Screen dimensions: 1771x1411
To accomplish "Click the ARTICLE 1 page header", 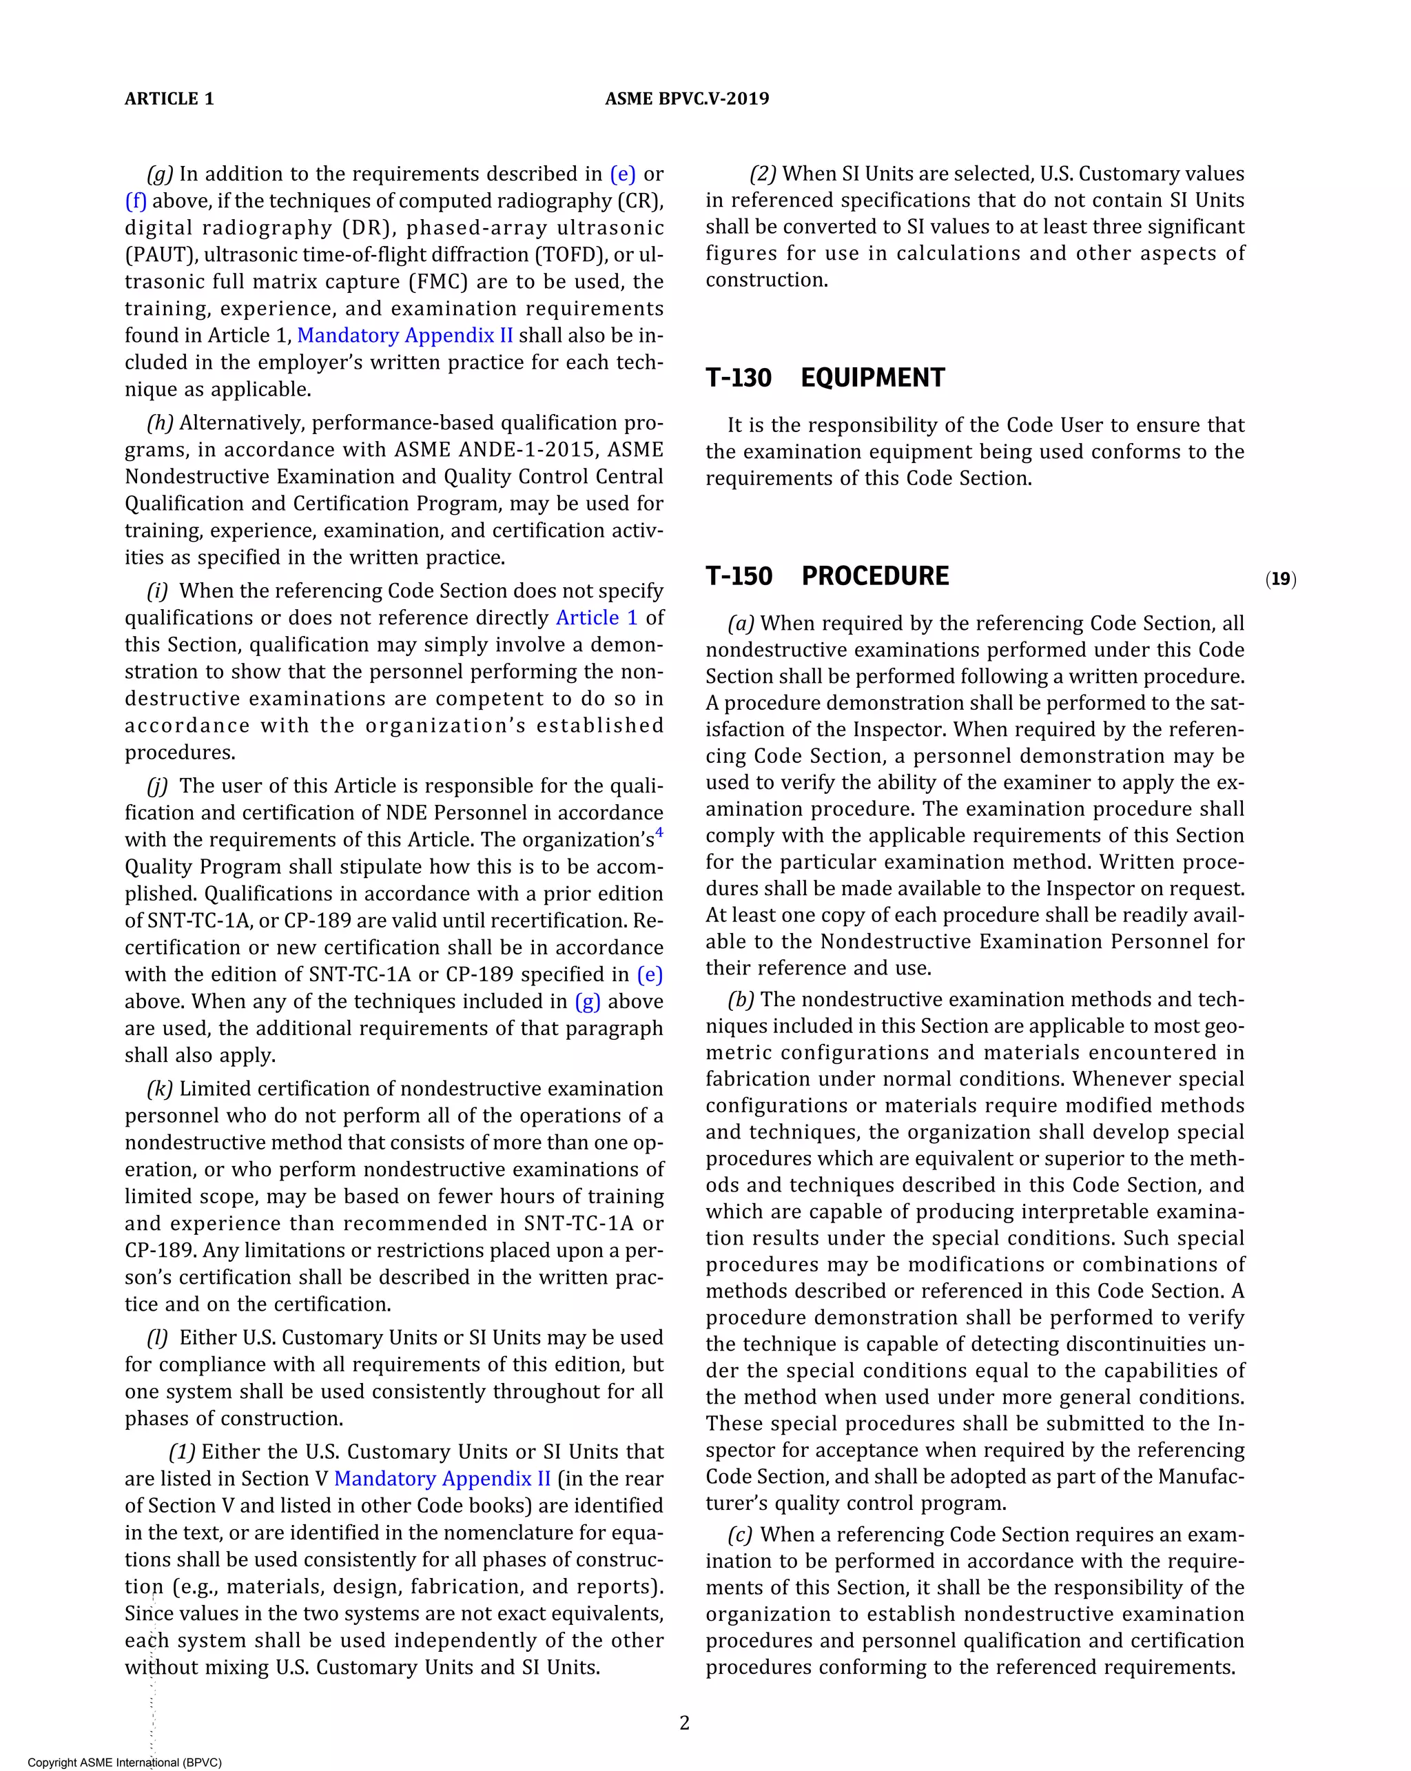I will coord(169,99).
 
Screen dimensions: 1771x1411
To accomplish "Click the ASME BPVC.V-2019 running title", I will coord(687,99).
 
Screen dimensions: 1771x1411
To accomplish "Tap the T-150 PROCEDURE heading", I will coord(827,576).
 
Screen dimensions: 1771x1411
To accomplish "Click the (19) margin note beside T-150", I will coord(1280,579).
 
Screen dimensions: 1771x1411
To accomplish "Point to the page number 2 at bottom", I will coord(684,1723).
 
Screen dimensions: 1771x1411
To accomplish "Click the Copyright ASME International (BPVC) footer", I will coord(125,1762).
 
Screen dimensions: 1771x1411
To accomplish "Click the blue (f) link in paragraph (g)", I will coord(136,201).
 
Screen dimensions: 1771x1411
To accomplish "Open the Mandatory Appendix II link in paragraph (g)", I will coord(404,335).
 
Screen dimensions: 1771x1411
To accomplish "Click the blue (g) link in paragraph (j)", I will coord(587,1001).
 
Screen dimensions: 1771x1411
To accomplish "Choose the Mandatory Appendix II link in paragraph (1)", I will coord(442,1479).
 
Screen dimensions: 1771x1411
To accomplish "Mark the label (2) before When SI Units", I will coord(762,174).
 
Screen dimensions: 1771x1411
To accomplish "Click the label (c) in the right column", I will coord(741,1535).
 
